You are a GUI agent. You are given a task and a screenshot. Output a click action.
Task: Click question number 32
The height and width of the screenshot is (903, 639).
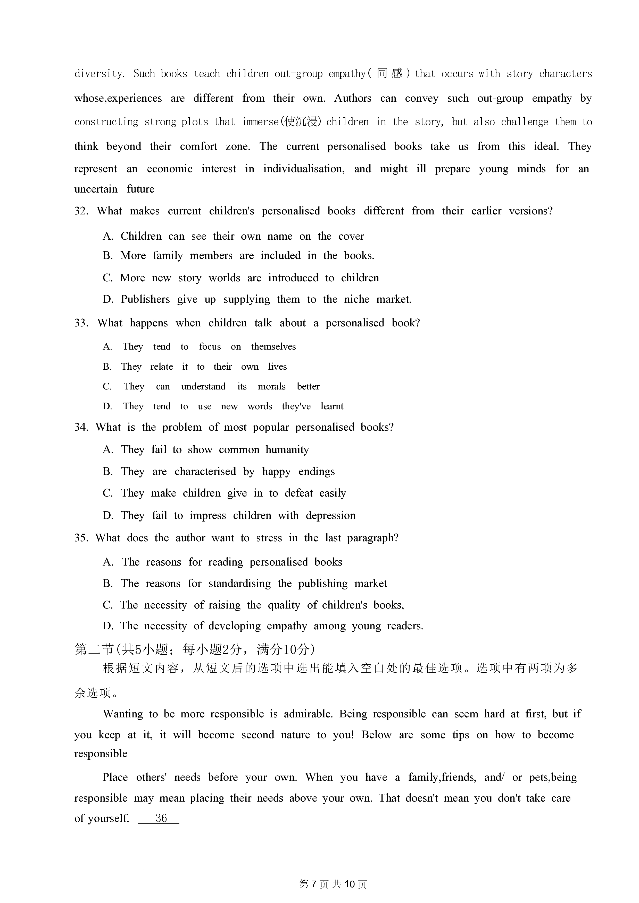pyautogui.click(x=81, y=211)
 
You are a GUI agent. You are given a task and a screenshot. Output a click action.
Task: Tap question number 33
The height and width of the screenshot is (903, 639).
pyautogui.click(x=81, y=323)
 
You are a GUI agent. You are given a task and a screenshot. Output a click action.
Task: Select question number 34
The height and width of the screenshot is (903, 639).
pyautogui.click(x=81, y=428)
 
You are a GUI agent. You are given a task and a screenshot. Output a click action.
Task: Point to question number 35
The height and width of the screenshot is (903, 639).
pyautogui.click(x=81, y=538)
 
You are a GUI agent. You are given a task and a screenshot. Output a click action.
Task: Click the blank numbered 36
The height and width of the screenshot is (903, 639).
pyautogui.click(x=161, y=819)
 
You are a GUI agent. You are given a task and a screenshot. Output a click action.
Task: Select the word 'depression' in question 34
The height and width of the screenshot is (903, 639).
pyautogui.click(x=330, y=516)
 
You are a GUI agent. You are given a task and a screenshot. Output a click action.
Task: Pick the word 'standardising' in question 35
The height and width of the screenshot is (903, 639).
pyautogui.click(x=239, y=584)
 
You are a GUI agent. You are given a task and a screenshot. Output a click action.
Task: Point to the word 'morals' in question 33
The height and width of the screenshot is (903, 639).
pyautogui.click(x=272, y=387)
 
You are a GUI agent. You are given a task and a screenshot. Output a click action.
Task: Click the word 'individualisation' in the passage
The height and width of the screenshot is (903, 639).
pyautogui.click(x=304, y=169)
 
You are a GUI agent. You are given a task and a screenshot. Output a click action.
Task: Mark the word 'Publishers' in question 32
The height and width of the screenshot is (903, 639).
pyautogui.click(x=145, y=300)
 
